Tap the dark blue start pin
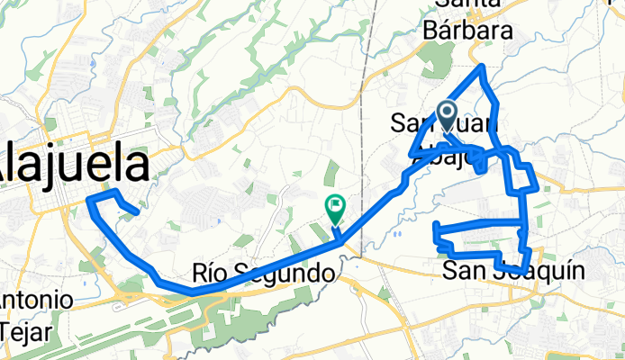pos(447,113)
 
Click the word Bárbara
pos(468,31)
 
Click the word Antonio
pos(30,300)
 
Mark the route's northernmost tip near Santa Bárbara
pos(484,67)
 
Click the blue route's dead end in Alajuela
pos(136,213)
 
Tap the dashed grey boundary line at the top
pos(372,36)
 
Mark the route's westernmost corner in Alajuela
pos(89,200)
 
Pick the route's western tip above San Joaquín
pos(436,225)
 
